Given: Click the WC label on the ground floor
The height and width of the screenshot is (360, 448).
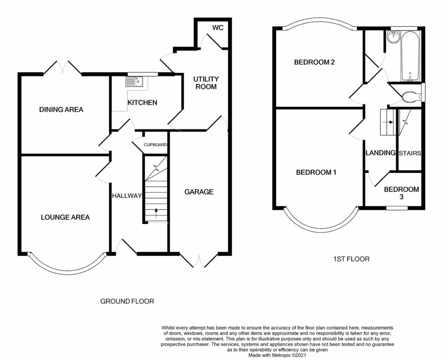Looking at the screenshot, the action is (x=218, y=28).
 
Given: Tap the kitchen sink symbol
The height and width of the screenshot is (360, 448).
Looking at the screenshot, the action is (x=134, y=81).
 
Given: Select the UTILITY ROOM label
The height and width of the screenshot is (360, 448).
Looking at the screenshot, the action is (x=206, y=83).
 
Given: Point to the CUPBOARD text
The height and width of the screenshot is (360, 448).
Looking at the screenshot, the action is (x=155, y=145).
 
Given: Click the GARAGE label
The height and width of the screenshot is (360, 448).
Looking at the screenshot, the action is (x=199, y=192).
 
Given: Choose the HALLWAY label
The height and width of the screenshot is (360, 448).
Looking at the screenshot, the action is (x=127, y=196).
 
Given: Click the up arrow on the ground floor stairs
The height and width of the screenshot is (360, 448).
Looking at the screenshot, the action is (x=156, y=213).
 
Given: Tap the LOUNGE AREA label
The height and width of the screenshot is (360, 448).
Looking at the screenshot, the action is (x=65, y=217).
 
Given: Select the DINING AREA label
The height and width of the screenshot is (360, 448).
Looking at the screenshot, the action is (x=61, y=109).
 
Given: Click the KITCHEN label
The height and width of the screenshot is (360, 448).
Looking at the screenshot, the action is (x=142, y=102).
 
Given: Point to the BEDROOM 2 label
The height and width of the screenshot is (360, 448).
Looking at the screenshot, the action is (x=314, y=62).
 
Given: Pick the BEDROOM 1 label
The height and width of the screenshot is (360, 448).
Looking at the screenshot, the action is (x=316, y=173).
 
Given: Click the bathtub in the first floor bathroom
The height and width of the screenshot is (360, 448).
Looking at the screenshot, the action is (x=410, y=56).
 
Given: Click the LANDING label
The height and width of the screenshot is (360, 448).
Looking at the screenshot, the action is (x=381, y=153).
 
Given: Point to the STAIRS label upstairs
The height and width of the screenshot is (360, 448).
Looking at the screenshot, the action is (x=409, y=153).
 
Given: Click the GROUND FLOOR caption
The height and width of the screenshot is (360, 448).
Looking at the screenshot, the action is (x=127, y=301).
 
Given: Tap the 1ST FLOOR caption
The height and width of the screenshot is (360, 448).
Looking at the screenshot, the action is (x=351, y=259).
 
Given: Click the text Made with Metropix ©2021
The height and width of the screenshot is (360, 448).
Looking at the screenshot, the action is (x=277, y=356).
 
